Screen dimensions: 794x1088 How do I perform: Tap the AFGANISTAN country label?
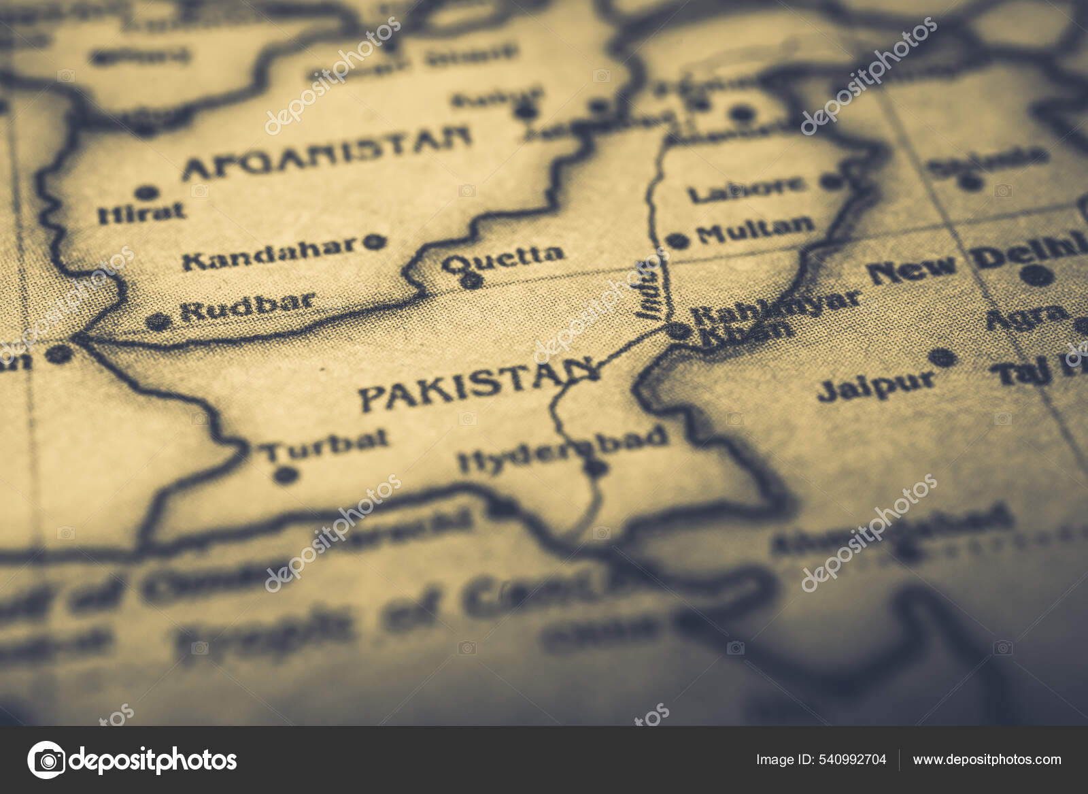coord(326,154)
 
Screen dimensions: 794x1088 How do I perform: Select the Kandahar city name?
coord(270,252)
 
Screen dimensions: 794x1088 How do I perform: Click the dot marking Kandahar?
coord(373,241)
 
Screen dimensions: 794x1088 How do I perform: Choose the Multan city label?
coord(755,230)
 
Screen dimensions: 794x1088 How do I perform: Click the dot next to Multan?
coord(677,240)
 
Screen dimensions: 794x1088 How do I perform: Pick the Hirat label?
coord(141,213)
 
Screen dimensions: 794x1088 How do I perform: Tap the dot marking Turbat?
coord(288,474)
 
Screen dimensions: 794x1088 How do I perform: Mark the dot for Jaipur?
coord(942,357)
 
